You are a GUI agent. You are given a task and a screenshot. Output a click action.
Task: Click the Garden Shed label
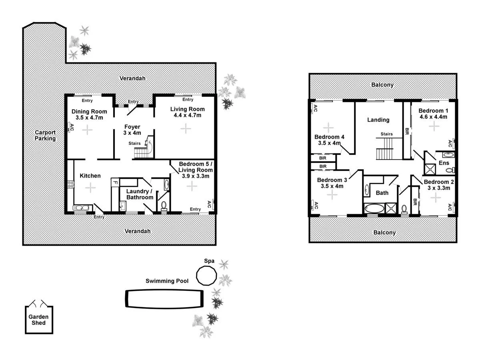click(x=38, y=320)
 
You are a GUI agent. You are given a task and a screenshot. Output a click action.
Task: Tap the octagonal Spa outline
click(x=206, y=275)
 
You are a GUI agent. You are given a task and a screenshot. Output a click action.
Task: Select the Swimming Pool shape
click(x=164, y=298)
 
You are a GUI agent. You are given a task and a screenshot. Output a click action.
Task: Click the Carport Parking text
click(x=45, y=135)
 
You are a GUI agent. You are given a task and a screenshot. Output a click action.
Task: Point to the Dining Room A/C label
click(x=72, y=128)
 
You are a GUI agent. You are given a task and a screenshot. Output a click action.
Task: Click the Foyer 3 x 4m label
click(x=132, y=130)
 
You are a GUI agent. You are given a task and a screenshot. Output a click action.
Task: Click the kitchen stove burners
click(x=71, y=184)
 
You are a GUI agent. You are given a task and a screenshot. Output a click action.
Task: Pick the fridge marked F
click(x=115, y=182)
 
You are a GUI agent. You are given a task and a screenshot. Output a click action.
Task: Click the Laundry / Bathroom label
click(x=140, y=194)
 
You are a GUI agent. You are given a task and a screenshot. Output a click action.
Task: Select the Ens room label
click(x=444, y=163)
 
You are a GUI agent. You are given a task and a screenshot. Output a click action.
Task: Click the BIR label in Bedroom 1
click(x=407, y=130)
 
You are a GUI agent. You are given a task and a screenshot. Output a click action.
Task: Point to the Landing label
click(x=378, y=120)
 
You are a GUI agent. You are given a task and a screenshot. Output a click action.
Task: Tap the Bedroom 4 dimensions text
click(x=329, y=143)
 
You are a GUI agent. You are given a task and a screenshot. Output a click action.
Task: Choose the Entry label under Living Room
click(x=188, y=100)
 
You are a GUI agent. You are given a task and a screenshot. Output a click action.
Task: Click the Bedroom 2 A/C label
click(x=450, y=207)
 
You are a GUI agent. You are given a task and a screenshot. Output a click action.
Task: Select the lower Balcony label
click(x=384, y=232)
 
